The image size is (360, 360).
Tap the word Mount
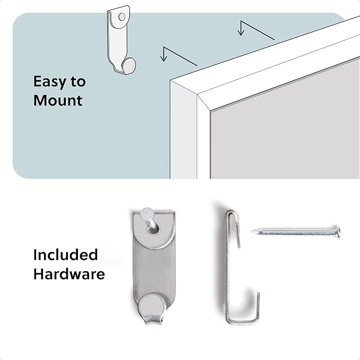(58, 100)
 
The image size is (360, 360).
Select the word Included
(65, 254)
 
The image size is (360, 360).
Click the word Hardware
(69, 274)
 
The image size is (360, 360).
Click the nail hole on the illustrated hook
(122, 16)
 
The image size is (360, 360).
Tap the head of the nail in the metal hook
(146, 214)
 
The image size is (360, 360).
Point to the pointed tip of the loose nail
(252, 232)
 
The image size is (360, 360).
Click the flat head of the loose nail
(338, 232)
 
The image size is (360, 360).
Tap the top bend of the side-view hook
(231, 213)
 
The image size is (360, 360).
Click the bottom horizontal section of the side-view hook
(242, 321)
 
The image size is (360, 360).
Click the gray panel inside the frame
(285, 128)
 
